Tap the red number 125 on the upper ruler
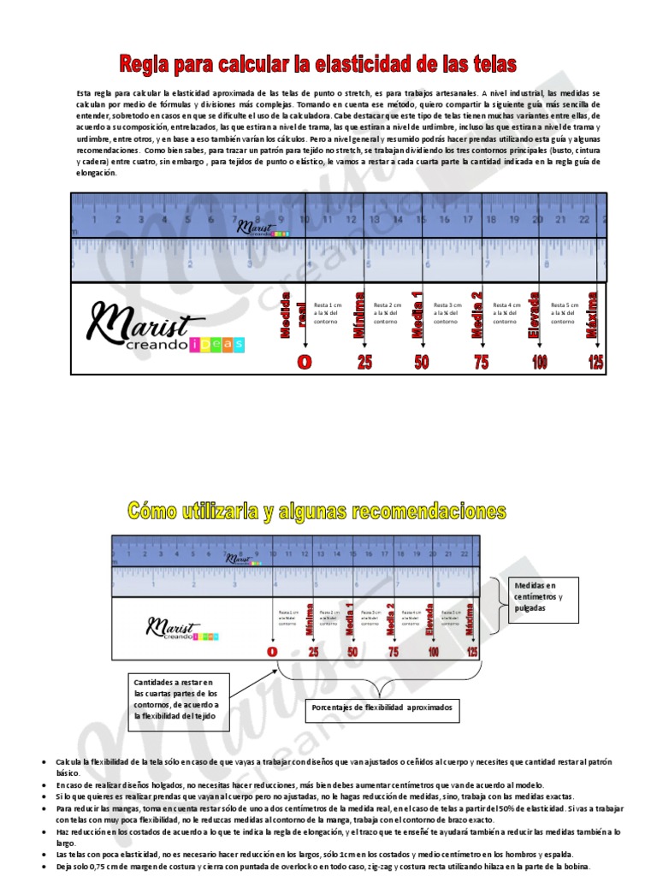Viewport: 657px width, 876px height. click(x=596, y=362)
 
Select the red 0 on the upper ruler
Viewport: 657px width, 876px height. click(x=304, y=362)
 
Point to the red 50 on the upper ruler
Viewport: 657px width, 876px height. click(x=421, y=362)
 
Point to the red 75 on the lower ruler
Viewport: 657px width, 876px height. click(x=393, y=652)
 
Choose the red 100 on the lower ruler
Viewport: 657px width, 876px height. click(x=433, y=652)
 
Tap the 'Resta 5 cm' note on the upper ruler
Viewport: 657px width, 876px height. click(x=565, y=313)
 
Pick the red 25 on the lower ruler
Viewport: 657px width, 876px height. click(x=313, y=652)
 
